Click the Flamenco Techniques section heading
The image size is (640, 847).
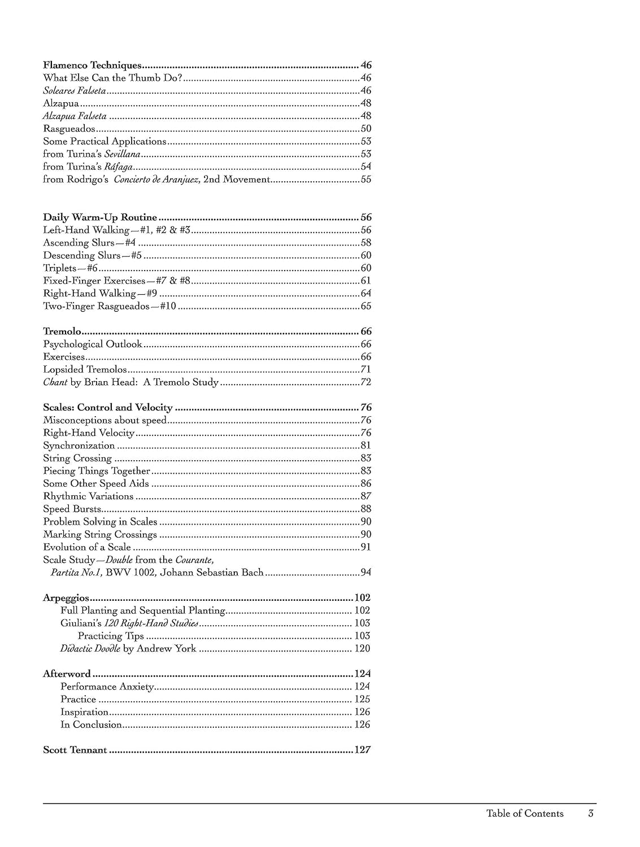tap(92, 65)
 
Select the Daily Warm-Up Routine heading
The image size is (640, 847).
tap(100, 217)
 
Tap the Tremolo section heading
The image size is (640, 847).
tap(62, 331)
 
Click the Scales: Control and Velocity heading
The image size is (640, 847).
tap(108, 407)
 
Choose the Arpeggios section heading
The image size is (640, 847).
tap(66, 597)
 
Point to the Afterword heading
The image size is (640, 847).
tap(67, 674)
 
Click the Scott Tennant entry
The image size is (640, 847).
tap(75, 750)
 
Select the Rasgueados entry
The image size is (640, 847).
tap(69, 129)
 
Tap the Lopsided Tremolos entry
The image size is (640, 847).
tap(85, 369)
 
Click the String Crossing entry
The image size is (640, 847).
tap(77, 458)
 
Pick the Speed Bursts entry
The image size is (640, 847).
tap(72, 509)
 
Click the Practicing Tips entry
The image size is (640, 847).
tap(111, 636)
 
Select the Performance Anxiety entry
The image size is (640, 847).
tap(107, 687)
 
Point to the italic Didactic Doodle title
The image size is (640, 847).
tap(90, 648)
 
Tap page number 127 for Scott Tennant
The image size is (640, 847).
tap(362, 750)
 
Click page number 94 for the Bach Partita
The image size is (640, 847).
tap(366, 573)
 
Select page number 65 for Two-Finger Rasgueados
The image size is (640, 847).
tap(366, 306)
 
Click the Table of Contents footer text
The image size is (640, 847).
tap(525, 813)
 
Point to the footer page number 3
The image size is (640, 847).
tap(591, 813)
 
